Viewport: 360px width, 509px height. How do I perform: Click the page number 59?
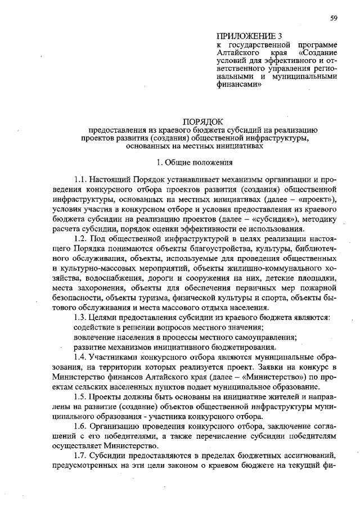point(334,18)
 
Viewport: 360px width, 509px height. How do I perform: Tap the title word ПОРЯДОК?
point(203,121)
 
